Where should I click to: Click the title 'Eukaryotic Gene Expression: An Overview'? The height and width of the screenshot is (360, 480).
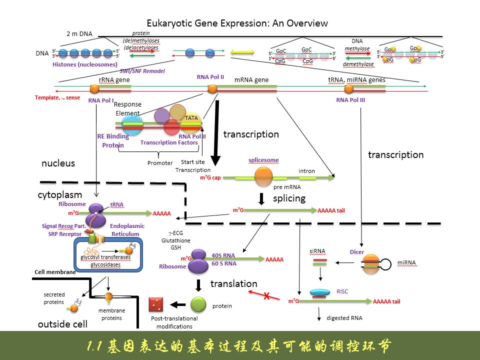(x=237, y=23)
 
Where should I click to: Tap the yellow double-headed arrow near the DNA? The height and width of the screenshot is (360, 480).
(x=242, y=52)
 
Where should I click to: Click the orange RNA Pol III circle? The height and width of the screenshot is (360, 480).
(x=348, y=89)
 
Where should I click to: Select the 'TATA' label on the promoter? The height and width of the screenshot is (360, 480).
(x=191, y=118)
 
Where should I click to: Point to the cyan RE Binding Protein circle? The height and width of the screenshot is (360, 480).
(x=131, y=124)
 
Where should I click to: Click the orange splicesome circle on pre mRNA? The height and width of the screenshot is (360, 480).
(x=263, y=176)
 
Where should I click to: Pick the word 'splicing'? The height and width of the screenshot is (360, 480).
(x=289, y=198)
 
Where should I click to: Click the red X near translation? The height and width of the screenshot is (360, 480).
(x=266, y=296)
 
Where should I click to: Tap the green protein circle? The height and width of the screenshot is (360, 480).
(x=198, y=304)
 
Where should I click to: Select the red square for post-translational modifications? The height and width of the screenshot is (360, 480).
(x=156, y=304)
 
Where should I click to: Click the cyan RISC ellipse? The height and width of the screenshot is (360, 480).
(x=319, y=292)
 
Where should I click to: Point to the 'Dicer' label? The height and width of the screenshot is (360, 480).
(x=356, y=252)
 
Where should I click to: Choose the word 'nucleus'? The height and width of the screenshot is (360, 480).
(x=58, y=163)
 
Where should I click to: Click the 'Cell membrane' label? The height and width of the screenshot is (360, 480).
(x=55, y=272)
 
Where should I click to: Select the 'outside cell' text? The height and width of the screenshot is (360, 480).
(x=62, y=324)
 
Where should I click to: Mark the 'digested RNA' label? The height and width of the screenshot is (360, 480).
(x=344, y=317)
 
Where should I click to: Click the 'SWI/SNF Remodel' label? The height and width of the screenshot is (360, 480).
(x=142, y=71)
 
